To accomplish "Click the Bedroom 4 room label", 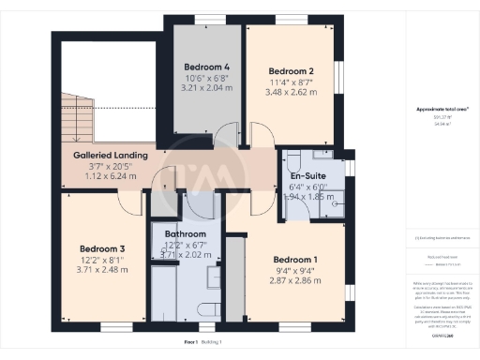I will (206, 67).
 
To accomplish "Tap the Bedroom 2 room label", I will (291, 71).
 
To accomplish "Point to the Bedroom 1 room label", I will (295, 260).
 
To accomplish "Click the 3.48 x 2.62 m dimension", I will (291, 92).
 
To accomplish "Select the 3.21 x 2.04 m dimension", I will (206, 88).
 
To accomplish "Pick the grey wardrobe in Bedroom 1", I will (235, 281).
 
